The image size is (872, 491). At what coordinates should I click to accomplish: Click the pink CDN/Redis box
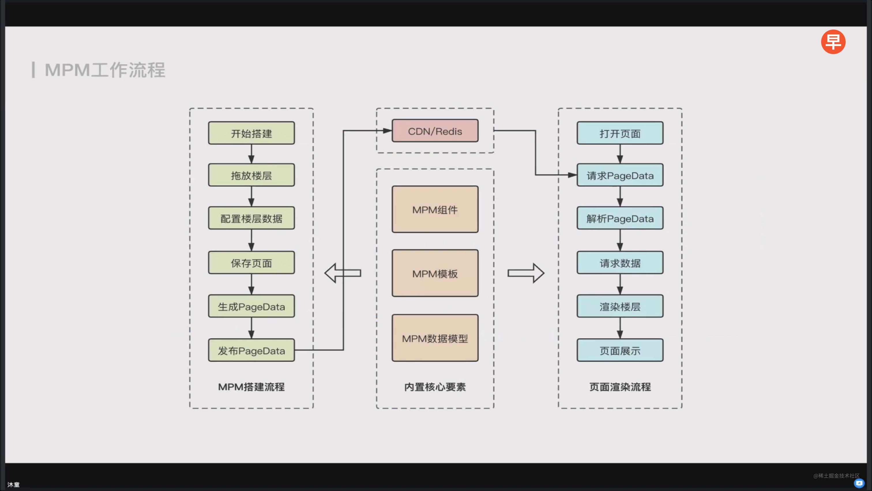[435, 131]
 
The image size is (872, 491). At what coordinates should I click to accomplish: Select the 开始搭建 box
[251, 133]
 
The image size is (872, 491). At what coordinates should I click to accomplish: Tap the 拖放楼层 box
[251, 175]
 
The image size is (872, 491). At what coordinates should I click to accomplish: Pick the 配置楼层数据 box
[251, 218]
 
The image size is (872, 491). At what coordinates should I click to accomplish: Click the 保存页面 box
[251, 263]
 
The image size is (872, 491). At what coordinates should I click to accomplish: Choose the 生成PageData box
[251, 306]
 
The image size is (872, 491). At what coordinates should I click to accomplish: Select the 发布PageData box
[251, 350]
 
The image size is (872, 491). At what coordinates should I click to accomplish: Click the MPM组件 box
[435, 209]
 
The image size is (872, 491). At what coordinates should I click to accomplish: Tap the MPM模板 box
[435, 273]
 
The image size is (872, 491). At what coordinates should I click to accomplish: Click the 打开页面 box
[620, 133]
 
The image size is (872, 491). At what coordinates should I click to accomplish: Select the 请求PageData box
[620, 175]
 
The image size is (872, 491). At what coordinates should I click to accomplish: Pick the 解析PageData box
[620, 218]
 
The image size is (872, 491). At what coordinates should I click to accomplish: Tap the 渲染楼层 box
[620, 306]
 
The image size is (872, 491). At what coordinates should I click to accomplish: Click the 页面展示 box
[620, 350]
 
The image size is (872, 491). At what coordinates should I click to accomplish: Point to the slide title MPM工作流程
[105, 70]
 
